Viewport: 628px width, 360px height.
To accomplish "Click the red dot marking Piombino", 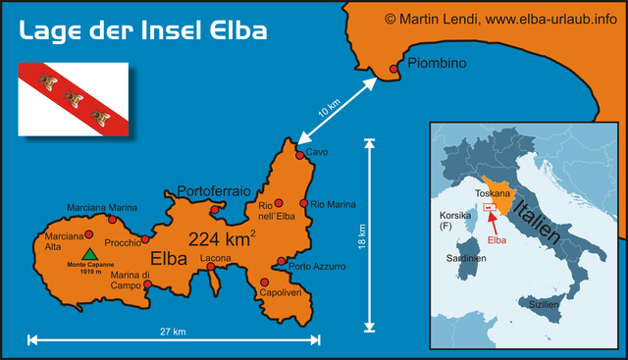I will pyautogui.click(x=394, y=69).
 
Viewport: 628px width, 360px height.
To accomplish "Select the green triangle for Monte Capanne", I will pyautogui.click(x=90, y=254).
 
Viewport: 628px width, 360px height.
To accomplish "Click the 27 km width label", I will pyautogui.click(x=172, y=331).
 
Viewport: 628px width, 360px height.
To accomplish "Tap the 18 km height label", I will pyautogui.click(x=361, y=236).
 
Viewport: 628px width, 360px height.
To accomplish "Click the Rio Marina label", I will pyautogui.click(x=333, y=204).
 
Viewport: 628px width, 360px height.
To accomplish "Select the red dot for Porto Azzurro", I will pyautogui.click(x=282, y=262).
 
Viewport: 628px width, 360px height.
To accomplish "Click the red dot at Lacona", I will pyautogui.click(x=215, y=268).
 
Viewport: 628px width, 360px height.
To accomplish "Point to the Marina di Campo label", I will pyautogui.click(x=131, y=281).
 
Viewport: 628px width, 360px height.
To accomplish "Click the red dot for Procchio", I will pyautogui.click(x=145, y=238).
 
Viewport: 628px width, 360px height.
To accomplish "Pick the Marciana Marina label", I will pyautogui.click(x=102, y=208).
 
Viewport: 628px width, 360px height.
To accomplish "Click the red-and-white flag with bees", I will pyautogui.click(x=73, y=99).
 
